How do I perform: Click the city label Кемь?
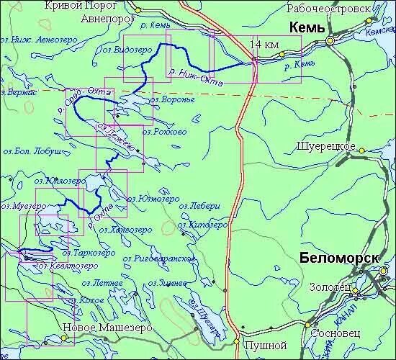coord(307,28)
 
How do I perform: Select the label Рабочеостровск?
coord(328,9)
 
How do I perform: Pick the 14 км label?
coord(264,45)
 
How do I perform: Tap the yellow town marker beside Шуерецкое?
coord(363,150)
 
